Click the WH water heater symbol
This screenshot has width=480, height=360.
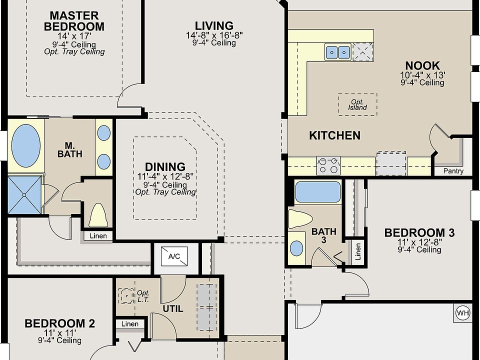[462, 313]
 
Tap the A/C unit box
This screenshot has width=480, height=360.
[174, 256]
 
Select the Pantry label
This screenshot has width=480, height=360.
[453, 171]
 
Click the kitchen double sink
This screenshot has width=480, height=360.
[337, 52]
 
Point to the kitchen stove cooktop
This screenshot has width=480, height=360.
[328, 165]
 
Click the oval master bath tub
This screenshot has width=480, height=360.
[25, 145]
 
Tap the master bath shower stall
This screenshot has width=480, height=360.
[24, 195]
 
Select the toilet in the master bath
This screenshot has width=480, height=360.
[98, 215]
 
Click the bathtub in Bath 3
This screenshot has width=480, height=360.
[318, 192]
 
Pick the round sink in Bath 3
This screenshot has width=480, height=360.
[296, 248]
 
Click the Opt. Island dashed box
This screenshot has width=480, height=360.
[357, 104]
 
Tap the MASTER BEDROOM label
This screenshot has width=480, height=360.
[74, 21]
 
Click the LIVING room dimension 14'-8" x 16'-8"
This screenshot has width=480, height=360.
[214, 35]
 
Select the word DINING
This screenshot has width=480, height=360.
[165, 167]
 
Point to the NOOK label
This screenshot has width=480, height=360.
[422, 65]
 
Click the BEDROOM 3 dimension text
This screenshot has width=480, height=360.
[419, 242]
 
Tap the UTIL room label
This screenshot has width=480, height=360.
[173, 309]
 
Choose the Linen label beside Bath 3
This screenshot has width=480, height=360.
[358, 251]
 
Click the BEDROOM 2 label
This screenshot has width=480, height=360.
[59, 323]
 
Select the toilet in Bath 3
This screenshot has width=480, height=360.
[300, 219]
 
